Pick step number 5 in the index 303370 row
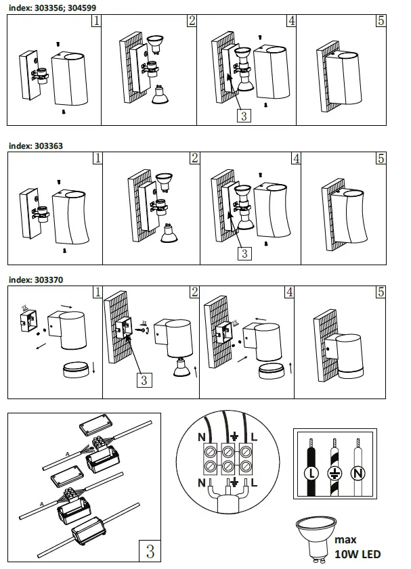coord(381,292)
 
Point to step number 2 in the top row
coord(192,21)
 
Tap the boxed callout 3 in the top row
coord(244,116)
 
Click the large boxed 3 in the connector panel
coord(150,551)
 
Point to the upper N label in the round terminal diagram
coord(200,438)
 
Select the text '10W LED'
coord(358,554)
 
